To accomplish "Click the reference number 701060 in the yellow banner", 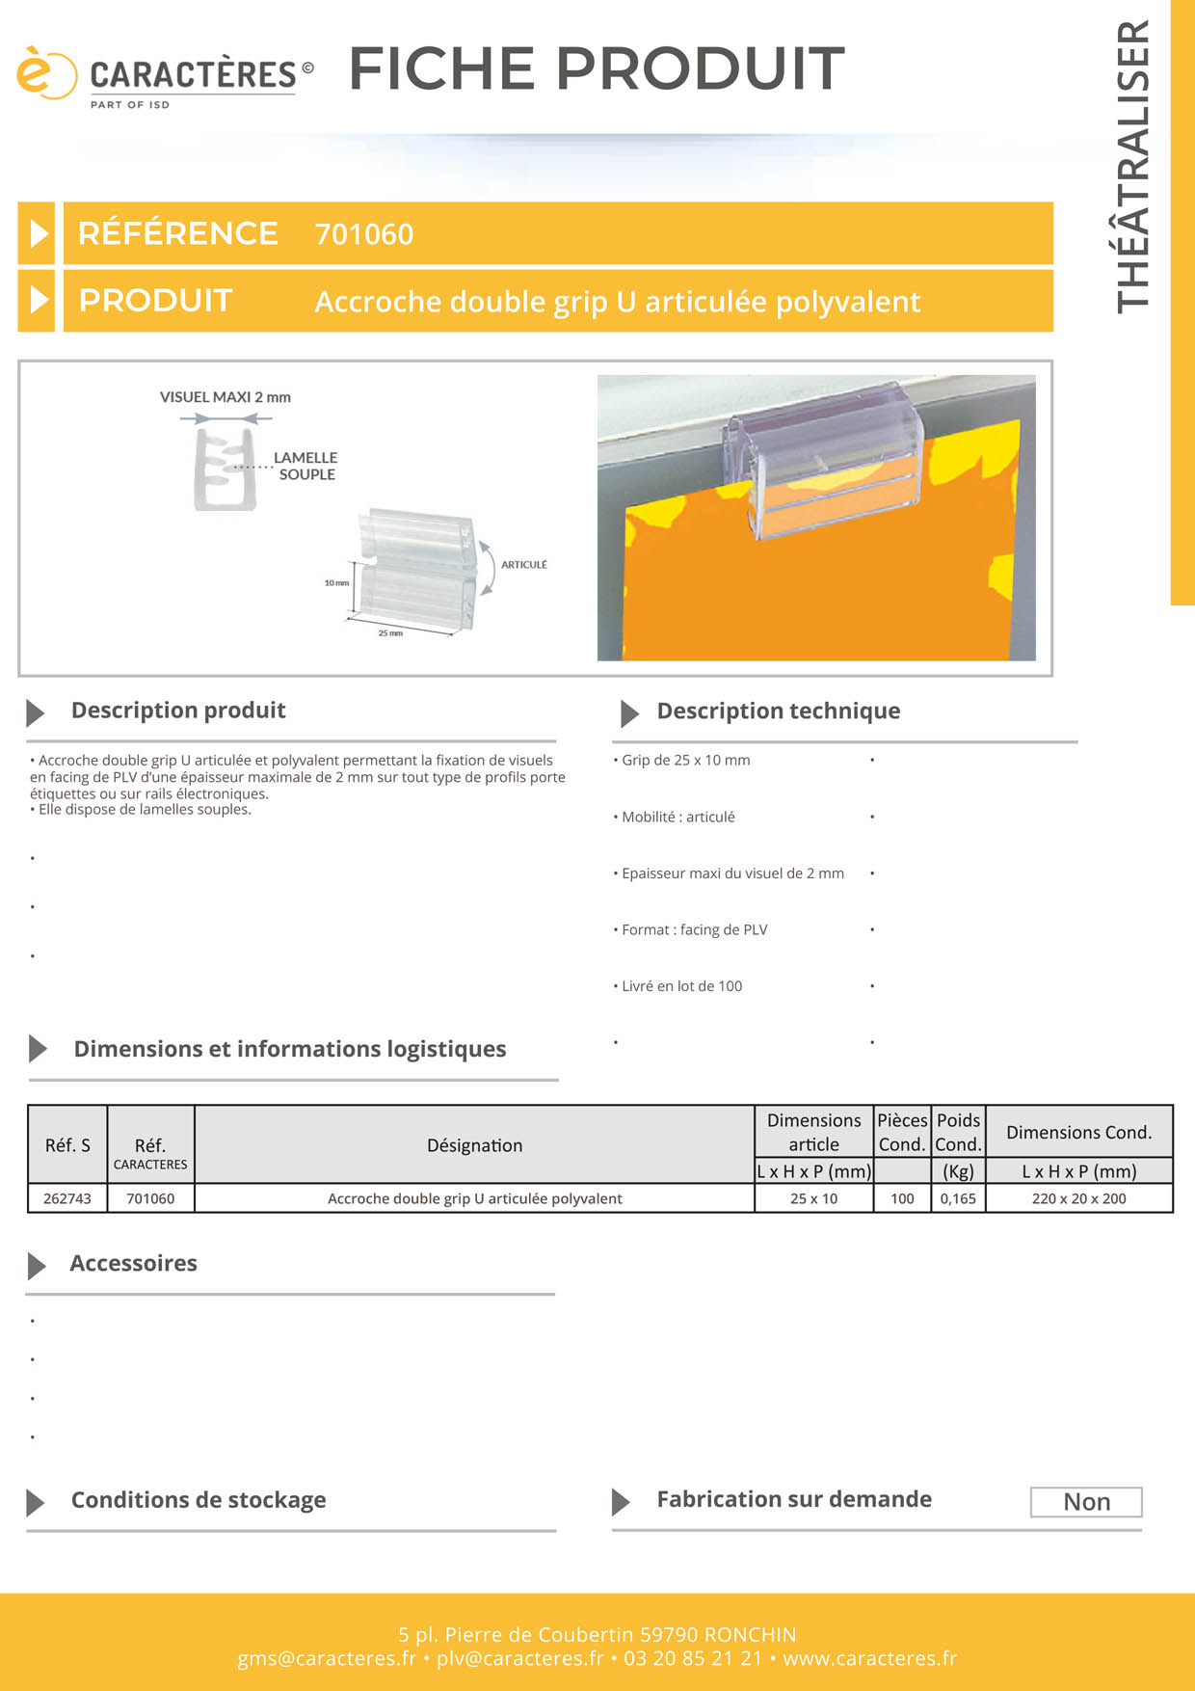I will (x=363, y=234).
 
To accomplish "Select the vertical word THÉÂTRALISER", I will (x=1133, y=166).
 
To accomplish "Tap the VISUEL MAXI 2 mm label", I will (x=225, y=397).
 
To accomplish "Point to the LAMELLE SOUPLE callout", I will (x=305, y=466).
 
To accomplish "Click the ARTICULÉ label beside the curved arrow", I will (x=523, y=565).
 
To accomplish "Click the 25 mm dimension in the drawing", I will (x=390, y=633).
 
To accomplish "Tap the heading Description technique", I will (x=778, y=711).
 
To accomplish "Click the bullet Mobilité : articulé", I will (x=677, y=817).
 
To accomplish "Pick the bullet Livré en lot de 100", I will (x=681, y=986).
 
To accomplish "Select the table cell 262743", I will (x=67, y=1198).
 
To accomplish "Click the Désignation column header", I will (x=474, y=1145).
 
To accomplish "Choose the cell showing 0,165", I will (x=958, y=1198).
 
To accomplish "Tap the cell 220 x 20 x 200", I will (x=1078, y=1198).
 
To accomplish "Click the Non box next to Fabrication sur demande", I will (x=1086, y=1502).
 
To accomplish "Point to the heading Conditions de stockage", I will (x=199, y=1500).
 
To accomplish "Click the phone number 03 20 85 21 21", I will (x=692, y=1658).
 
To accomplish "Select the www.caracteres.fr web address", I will (x=869, y=1658).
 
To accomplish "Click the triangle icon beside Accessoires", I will (x=37, y=1265).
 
